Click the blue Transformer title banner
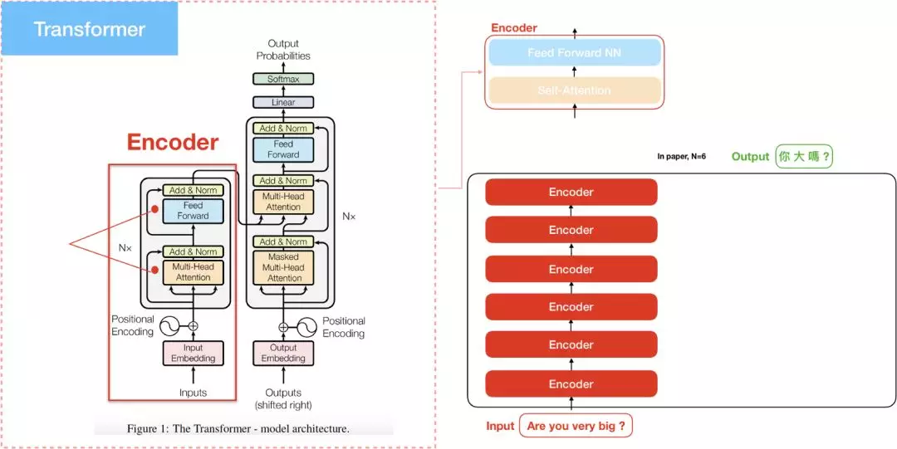(x=89, y=29)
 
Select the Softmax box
(x=283, y=79)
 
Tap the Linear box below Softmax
(x=283, y=102)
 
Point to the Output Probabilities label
(x=283, y=50)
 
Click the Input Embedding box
(x=193, y=353)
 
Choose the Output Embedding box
(x=283, y=353)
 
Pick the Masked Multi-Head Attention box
(x=283, y=267)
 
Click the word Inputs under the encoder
(x=193, y=393)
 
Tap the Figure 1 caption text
(x=238, y=429)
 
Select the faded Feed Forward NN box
(x=575, y=53)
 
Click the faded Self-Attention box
(x=575, y=90)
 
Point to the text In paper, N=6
(x=681, y=156)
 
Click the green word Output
(x=750, y=156)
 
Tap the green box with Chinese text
(x=804, y=156)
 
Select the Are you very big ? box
(x=576, y=427)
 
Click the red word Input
(x=500, y=427)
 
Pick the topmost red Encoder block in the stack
(x=571, y=193)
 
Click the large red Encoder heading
(x=173, y=143)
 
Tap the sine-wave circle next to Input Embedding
(x=169, y=325)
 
